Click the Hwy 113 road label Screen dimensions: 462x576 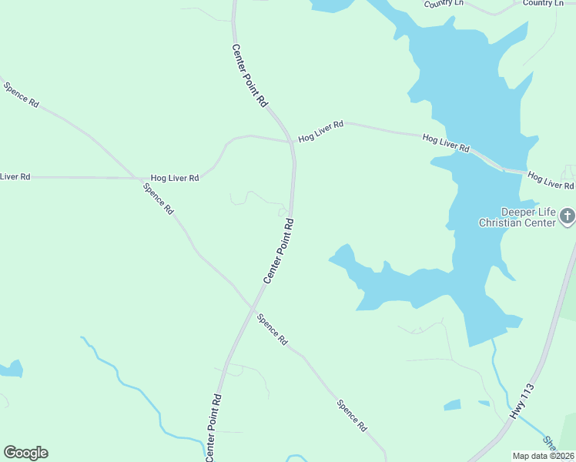522,402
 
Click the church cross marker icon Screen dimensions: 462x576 568,216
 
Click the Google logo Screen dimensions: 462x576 25,453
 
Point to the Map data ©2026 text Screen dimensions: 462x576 544,456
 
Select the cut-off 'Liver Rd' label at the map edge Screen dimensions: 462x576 15,176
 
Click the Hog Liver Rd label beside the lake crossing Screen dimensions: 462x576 446,142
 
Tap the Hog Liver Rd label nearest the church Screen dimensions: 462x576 551,181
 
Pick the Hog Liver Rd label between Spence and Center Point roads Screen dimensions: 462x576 175,177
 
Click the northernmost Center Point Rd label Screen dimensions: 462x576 249,75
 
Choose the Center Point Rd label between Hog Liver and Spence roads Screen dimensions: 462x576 279,250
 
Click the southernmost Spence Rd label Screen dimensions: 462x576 352,416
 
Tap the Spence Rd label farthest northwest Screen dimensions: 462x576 22,95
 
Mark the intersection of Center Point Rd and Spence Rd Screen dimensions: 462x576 253,306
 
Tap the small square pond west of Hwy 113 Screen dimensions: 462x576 452,405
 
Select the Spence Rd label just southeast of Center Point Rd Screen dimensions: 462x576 272,329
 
